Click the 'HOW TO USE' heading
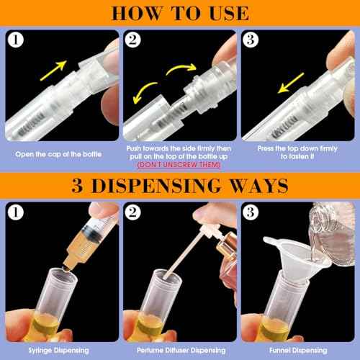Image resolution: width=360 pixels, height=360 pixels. click(x=180, y=13)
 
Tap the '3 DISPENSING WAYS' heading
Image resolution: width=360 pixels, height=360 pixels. click(x=180, y=186)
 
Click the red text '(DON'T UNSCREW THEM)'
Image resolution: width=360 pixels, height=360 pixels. click(x=180, y=164)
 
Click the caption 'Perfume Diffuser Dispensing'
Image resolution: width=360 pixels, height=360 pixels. click(x=180, y=349)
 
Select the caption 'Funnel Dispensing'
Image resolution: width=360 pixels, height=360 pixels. click(x=299, y=349)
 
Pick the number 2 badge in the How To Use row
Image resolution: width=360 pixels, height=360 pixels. click(x=135, y=40)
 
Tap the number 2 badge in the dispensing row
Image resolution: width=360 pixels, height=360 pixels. click(x=135, y=213)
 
